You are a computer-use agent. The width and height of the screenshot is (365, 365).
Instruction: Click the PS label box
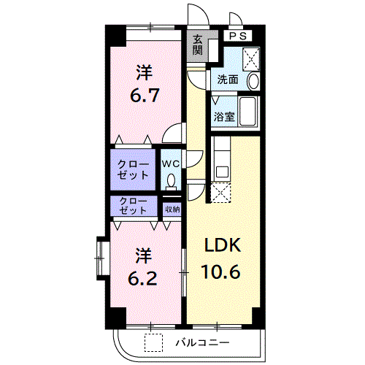tap(238, 36)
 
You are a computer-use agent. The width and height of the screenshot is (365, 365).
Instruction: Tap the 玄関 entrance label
tap(198, 45)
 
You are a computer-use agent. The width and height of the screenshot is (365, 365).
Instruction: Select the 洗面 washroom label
tap(228, 80)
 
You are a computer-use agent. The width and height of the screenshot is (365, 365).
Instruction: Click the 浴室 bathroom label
tap(224, 117)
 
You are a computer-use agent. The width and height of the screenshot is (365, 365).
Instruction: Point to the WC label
tap(171, 164)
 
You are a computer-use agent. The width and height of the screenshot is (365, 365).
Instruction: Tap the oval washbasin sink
tap(253, 81)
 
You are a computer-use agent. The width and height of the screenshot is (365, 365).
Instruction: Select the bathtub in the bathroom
tap(247, 112)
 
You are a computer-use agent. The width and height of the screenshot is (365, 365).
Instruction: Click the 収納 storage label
tap(172, 209)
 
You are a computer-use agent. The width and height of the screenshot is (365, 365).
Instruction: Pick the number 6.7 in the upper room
tap(145, 96)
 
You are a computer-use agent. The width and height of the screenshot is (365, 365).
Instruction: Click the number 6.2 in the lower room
tap(142, 278)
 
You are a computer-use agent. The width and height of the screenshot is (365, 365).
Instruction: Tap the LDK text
tap(223, 245)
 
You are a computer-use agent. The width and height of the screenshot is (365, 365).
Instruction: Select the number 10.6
tap(221, 272)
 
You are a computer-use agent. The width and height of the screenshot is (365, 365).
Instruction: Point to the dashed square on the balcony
tap(153, 342)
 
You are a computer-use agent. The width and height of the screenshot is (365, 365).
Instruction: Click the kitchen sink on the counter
tap(222, 172)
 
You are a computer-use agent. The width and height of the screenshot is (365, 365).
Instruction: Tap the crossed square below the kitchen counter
tap(220, 192)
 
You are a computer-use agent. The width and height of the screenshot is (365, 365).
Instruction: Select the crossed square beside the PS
tap(251, 59)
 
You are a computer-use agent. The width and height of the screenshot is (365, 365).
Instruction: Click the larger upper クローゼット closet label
tap(133, 170)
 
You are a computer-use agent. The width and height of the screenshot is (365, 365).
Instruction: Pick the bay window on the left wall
tap(101, 258)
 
